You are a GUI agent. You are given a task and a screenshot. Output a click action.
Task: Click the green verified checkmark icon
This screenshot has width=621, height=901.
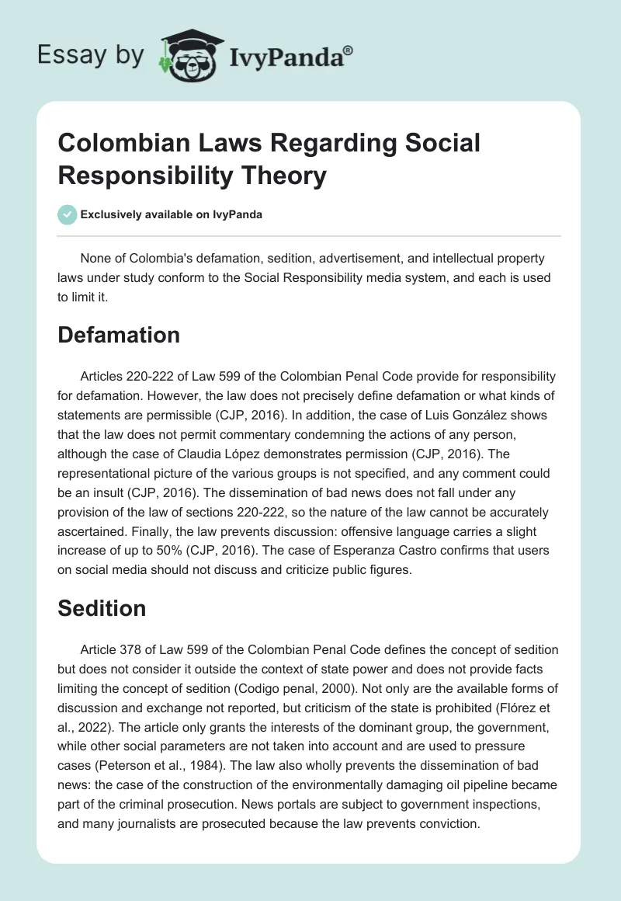pyautogui.click(x=67, y=214)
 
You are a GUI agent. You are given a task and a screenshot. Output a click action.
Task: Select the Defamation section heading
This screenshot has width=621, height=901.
pyautogui.click(x=119, y=335)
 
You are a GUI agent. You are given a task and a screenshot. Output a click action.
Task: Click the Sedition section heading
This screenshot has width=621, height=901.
pyautogui.click(x=102, y=608)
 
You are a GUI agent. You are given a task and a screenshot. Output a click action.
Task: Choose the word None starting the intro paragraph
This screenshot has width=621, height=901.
pyautogui.click(x=96, y=256)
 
